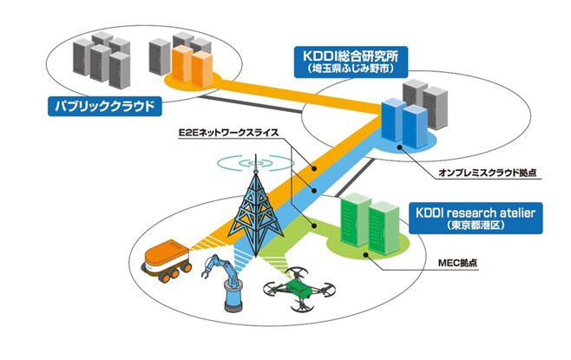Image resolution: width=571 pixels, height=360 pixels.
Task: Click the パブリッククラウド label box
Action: pos(104,106)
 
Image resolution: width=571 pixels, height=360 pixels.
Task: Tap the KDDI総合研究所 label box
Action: pos(351,62)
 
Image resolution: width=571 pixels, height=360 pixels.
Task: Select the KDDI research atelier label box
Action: pos(476,218)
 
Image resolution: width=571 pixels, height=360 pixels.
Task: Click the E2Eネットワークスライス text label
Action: pos(228,133)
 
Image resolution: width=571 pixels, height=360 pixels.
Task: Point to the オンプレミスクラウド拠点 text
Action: pos(488,173)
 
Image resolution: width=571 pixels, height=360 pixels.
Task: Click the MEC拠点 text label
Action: pos(457,262)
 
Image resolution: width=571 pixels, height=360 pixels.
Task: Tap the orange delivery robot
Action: pos(167,260)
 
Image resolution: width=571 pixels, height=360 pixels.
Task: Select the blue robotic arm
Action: pos(223,283)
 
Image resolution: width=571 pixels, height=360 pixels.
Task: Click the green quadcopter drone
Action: pos(299,289)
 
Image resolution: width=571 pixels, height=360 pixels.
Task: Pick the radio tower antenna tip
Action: pos(255,154)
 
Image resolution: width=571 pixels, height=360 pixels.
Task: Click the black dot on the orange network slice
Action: pos(314,168)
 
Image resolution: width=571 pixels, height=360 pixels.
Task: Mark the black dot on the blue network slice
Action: pos(313,190)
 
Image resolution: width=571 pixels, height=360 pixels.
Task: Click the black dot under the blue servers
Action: pos(399,147)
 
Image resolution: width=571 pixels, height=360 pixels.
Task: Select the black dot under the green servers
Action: pos(365,255)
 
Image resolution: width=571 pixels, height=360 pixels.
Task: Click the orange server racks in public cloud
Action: pos(193,66)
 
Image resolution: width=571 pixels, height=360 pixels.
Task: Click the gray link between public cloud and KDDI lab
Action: pos(252,104)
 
